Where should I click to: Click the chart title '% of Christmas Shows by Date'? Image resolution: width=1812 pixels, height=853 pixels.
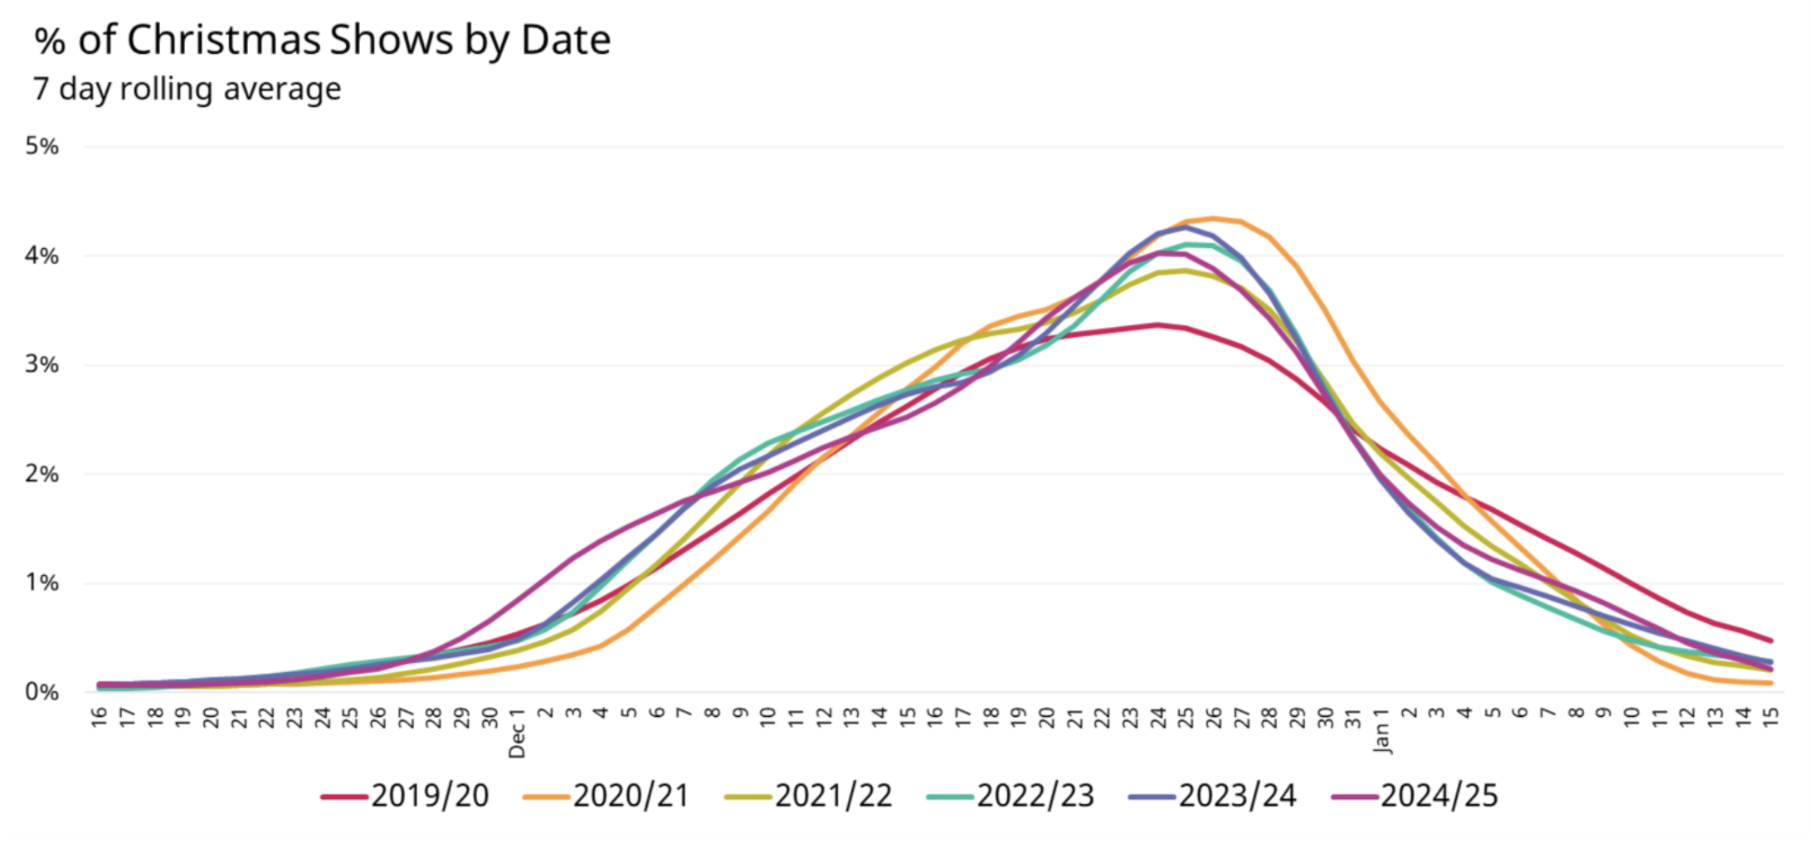coord(322,40)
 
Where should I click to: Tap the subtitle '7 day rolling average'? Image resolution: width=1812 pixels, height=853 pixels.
coord(188,89)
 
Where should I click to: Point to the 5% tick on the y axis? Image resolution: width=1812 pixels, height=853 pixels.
coord(41,147)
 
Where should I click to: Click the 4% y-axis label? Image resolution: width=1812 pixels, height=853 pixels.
coord(41,256)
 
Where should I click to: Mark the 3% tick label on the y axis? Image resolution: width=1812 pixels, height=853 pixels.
coord(41,365)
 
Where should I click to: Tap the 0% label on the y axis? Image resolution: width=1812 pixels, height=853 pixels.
coord(41,692)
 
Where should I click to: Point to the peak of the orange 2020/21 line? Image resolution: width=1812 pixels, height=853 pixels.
coord(1213,219)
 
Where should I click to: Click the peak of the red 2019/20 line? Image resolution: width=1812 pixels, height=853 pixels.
coord(1157,324)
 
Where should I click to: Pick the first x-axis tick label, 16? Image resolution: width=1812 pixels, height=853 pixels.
coord(100,717)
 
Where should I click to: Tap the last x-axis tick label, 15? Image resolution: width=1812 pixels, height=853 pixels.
coord(1771,717)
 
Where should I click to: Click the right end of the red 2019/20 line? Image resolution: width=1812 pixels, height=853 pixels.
coord(1771,640)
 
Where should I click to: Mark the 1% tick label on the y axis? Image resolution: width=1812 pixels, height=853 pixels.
coord(41,583)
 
